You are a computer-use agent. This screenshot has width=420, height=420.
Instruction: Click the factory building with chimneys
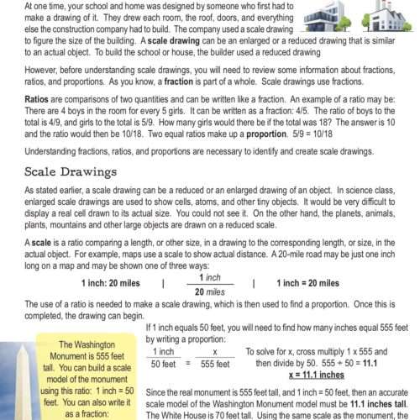coord(385,18)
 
